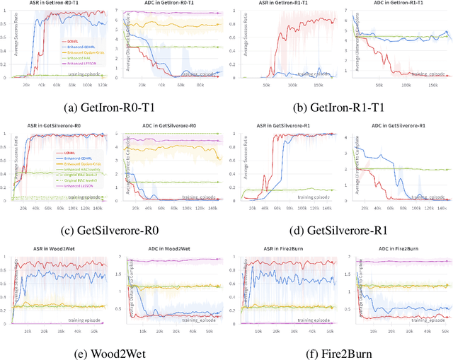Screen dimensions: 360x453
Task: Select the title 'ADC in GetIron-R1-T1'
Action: click(400, 4)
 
